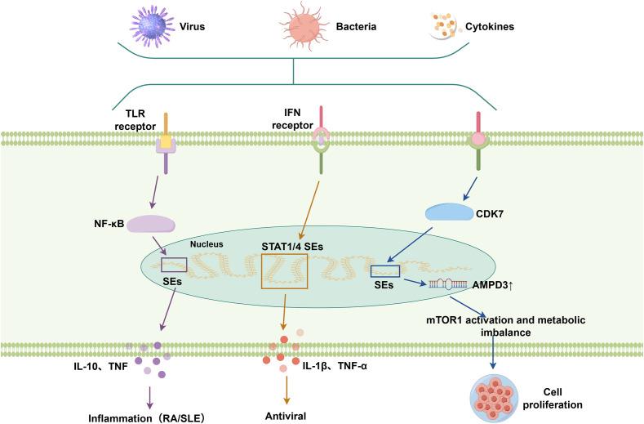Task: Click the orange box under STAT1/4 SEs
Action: point(284,270)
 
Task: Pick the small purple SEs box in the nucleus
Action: point(174,264)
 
